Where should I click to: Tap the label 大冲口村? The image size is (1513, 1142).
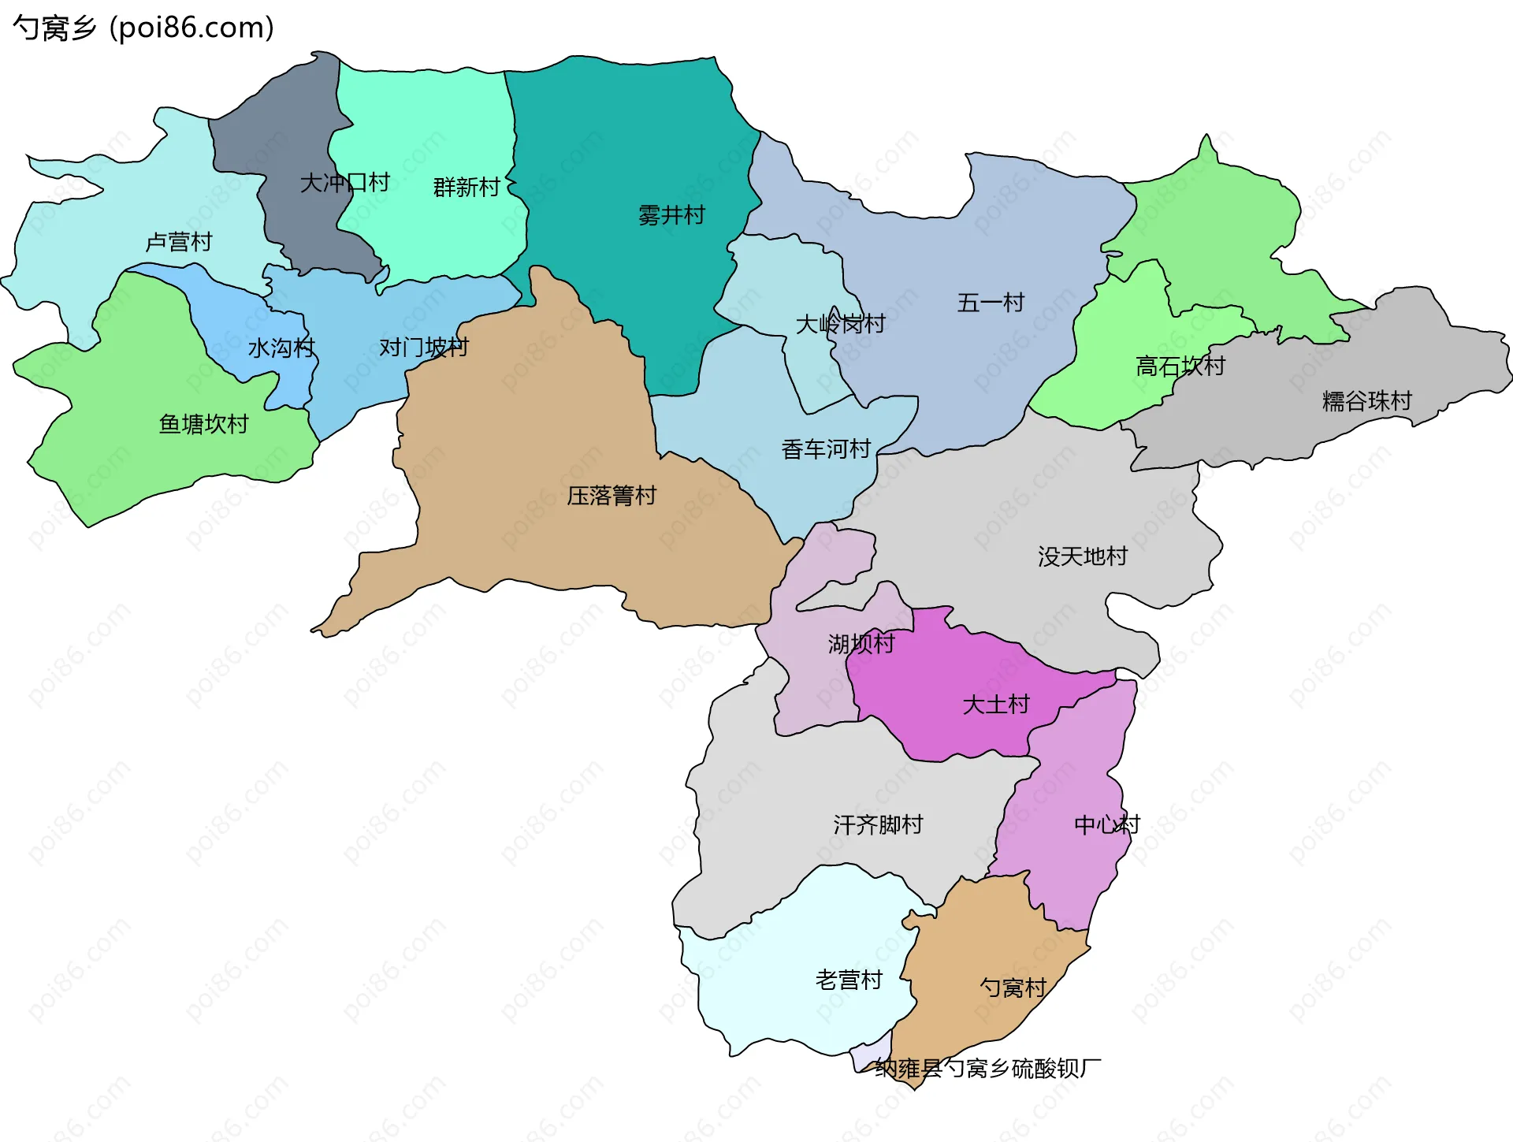point(344,183)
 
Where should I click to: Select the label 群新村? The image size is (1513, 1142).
point(467,188)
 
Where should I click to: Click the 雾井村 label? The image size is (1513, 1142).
point(671,215)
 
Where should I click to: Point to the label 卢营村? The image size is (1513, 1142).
point(179,242)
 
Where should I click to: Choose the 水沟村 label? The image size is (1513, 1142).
point(281,348)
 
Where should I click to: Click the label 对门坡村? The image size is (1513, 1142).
point(424,348)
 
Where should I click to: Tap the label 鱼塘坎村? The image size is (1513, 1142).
point(203,424)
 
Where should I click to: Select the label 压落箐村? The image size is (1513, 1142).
point(612,496)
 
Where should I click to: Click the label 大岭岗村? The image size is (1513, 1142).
point(840,324)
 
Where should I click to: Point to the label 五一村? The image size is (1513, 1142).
point(991,303)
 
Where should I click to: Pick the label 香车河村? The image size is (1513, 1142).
point(826,449)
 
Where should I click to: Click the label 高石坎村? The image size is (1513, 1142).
point(1180,366)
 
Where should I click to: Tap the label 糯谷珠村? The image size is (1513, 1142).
point(1366,401)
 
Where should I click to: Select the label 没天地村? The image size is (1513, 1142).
point(1082,556)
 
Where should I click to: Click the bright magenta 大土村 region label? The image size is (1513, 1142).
point(996,704)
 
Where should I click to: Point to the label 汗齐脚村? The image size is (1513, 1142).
point(878,825)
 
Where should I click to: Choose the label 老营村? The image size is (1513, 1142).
point(849,980)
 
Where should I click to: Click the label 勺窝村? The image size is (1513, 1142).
point(1013,988)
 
